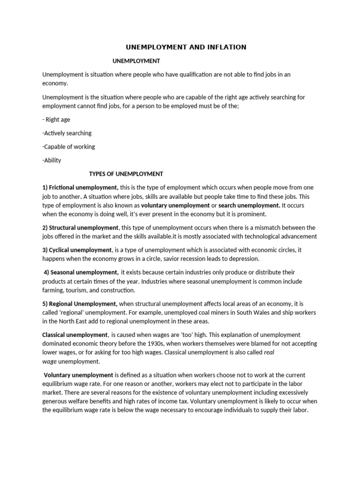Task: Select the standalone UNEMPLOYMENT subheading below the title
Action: click(137, 61)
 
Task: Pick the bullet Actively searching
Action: click(67, 133)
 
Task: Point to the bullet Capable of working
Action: click(68, 147)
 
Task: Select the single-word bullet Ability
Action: click(52, 160)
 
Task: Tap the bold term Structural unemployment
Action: click(84, 228)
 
